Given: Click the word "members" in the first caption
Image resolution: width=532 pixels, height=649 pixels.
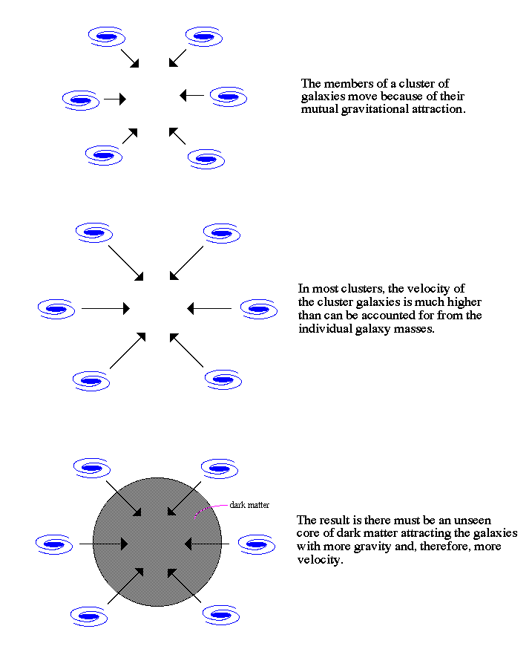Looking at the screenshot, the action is (348, 84).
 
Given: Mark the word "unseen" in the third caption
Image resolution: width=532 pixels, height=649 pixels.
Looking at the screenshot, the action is (473, 521).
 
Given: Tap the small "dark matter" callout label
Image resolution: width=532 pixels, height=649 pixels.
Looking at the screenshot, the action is (249, 505).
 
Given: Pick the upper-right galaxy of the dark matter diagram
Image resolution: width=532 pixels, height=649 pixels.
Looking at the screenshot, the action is (220, 469).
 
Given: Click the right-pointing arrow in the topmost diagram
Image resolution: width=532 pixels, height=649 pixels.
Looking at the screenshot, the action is (115, 100).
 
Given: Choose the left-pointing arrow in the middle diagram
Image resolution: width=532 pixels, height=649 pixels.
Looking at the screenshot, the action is (209, 309).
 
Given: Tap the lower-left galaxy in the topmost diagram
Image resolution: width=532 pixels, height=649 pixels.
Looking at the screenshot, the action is (104, 155).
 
